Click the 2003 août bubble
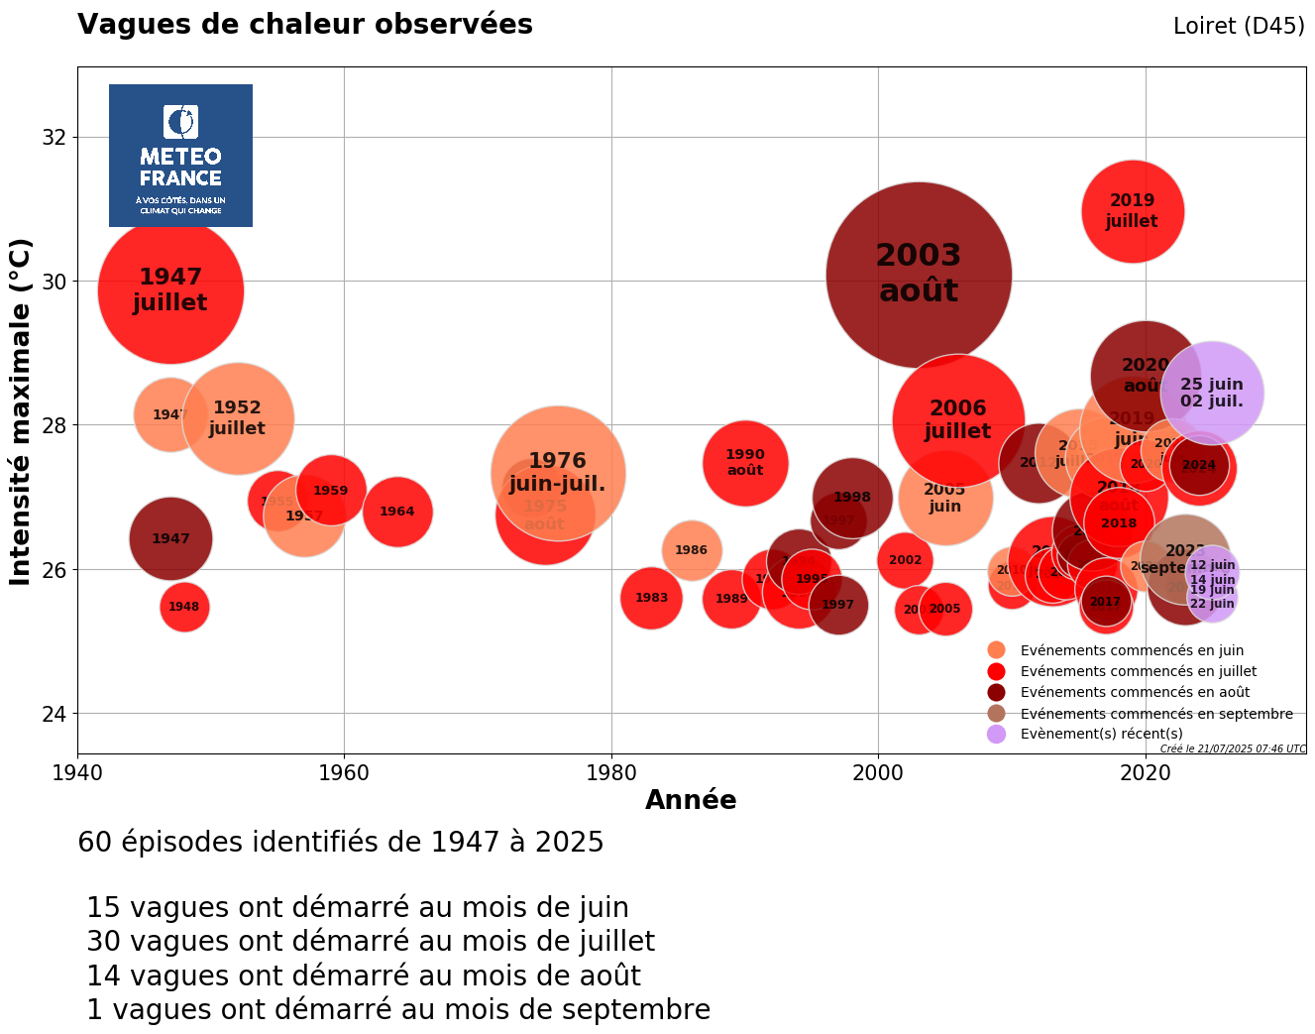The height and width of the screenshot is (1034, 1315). (919, 275)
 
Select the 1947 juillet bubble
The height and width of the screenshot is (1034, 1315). (170, 290)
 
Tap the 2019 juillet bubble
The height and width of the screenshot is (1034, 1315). (1132, 211)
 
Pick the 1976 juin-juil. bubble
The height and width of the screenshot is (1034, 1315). (558, 472)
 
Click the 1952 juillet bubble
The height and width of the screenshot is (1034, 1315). (237, 418)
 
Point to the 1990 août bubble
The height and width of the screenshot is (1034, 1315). (745, 462)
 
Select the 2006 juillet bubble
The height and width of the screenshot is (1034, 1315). (957, 419)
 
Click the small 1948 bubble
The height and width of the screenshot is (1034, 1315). (184, 607)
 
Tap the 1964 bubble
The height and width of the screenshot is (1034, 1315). (397, 512)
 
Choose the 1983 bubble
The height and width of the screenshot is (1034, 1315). (651, 598)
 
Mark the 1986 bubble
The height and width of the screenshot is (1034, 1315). (691, 550)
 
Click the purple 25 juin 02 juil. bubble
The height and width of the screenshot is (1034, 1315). (1211, 393)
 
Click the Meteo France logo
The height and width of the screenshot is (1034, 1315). (180, 156)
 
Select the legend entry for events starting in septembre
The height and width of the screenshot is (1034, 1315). (1155, 714)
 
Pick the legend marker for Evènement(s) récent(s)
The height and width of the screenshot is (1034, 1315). (997, 734)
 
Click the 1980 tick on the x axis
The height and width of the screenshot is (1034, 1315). (611, 771)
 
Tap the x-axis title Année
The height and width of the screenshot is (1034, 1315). (691, 800)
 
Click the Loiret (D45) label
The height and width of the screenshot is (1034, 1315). (1238, 27)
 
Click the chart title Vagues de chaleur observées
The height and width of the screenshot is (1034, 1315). (305, 25)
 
